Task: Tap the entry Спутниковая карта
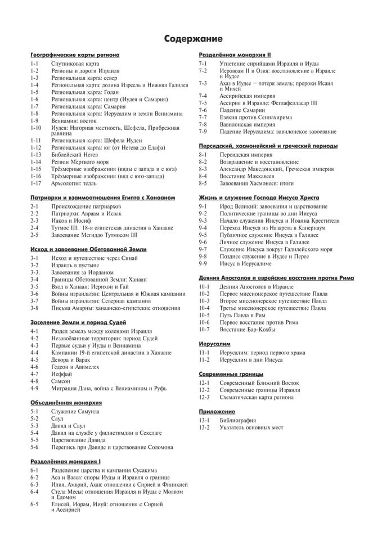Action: [75, 64]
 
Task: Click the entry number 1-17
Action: [36, 183]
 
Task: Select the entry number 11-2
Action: [204, 359]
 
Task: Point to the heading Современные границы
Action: [231, 373]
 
